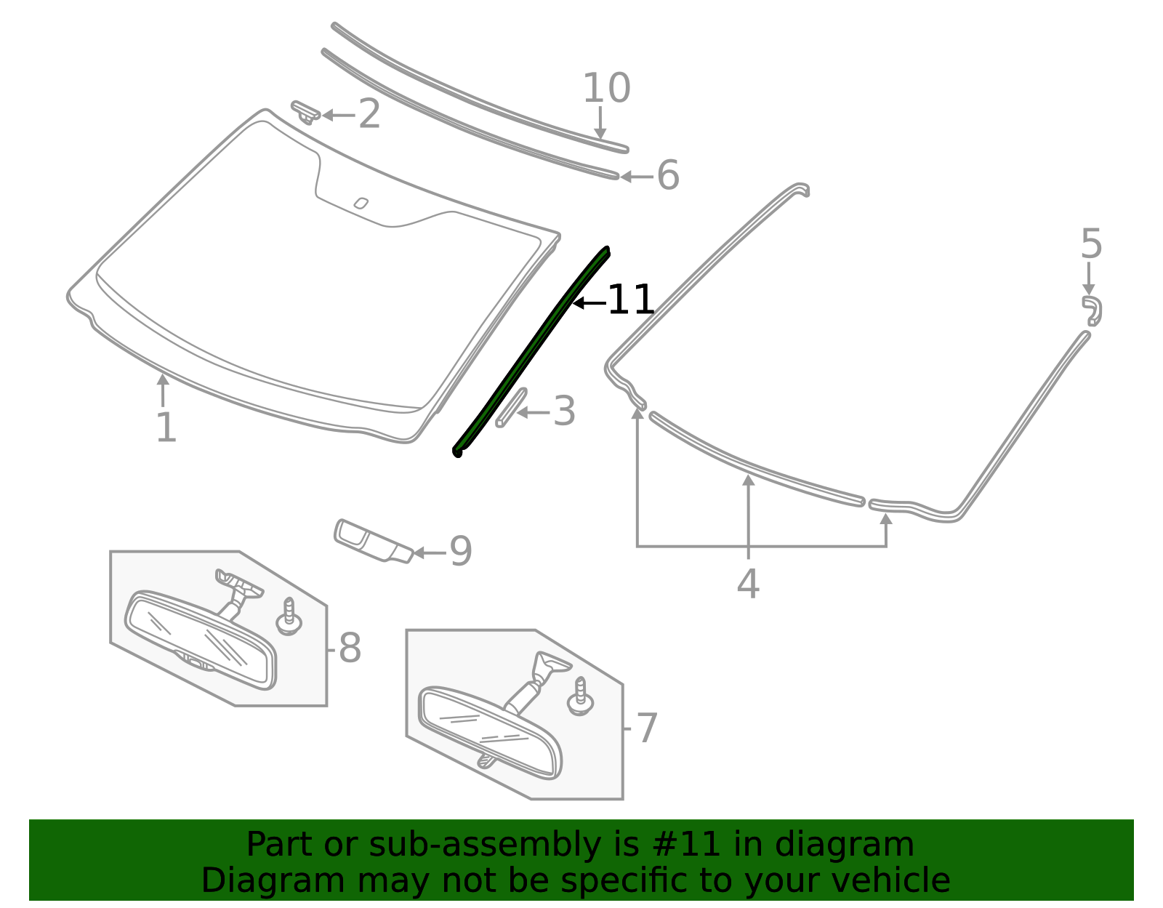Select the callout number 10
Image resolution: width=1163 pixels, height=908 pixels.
[x=606, y=88]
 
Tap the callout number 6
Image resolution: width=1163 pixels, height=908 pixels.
[x=668, y=175]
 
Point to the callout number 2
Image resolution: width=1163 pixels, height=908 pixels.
[x=369, y=114]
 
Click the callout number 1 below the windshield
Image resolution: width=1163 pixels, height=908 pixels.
[x=166, y=427]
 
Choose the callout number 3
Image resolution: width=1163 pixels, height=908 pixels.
[x=564, y=411]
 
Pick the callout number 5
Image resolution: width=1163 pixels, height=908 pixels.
[x=1091, y=244]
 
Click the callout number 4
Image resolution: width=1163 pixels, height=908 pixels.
[x=748, y=583]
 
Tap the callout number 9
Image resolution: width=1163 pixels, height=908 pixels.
[x=461, y=551]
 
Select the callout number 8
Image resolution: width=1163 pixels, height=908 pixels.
[x=350, y=648]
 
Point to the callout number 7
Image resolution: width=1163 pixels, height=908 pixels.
[x=647, y=728]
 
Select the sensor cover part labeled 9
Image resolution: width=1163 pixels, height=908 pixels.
[x=374, y=542]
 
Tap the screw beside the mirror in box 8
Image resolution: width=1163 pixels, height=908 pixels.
[x=289, y=617]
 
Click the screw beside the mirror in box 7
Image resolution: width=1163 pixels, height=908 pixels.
[x=580, y=696]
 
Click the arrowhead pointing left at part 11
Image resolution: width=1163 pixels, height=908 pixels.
[x=577, y=303]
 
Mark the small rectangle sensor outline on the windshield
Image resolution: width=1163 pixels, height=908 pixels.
[x=361, y=204]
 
